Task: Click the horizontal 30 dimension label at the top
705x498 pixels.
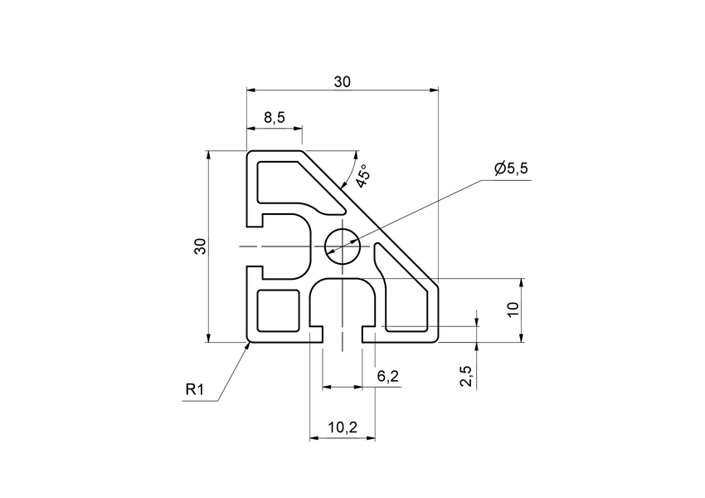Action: coord(342,81)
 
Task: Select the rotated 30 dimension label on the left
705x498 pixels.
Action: coord(199,247)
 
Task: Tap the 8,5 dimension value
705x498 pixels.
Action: coord(275,118)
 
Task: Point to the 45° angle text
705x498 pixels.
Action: coord(362,177)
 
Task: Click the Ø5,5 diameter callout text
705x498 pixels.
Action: coord(511,168)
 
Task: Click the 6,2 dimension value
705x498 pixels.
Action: coord(388,377)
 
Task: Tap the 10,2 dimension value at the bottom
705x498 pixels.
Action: coord(342,427)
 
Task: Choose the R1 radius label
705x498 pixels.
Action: coord(195,389)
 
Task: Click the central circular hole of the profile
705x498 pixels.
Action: coord(342,246)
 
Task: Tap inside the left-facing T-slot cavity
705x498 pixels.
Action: coord(286,246)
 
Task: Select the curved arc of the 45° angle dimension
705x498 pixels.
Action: coord(348,170)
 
